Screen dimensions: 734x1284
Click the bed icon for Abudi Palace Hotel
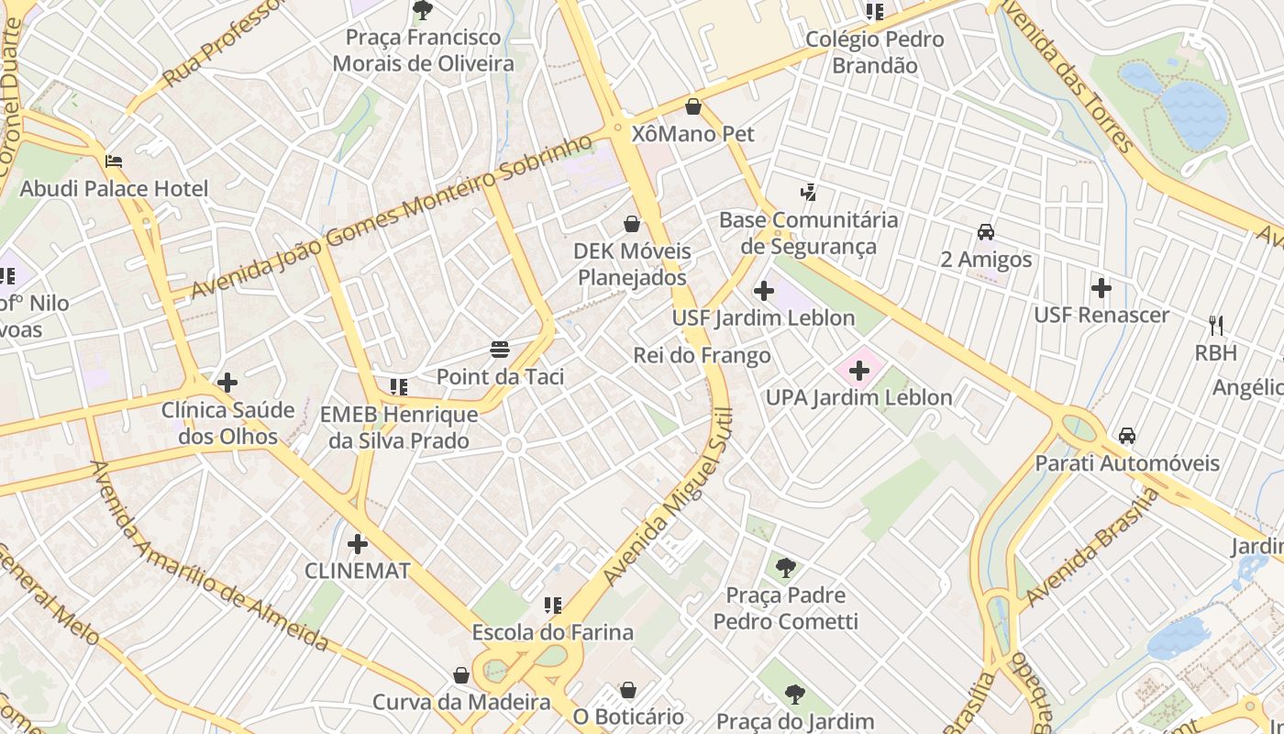point(114,161)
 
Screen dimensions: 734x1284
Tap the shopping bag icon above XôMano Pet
point(693,106)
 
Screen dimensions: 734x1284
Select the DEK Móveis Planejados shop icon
point(631,223)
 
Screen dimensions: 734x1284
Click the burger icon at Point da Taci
point(500,350)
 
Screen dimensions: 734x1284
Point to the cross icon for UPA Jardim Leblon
point(859,371)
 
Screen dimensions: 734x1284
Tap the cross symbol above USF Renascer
point(1101,288)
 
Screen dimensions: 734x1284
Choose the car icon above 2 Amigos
point(986,232)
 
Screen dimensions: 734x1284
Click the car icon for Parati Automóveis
point(1126,436)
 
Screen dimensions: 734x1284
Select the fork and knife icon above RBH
point(1216,325)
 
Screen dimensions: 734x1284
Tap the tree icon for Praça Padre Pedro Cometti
point(785,568)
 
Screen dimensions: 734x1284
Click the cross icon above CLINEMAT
point(357,543)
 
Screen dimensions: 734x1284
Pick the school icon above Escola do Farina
point(552,605)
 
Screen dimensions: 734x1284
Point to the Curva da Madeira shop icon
point(461,675)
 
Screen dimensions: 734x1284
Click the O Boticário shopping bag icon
point(628,689)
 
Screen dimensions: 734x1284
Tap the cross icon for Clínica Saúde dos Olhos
point(227,382)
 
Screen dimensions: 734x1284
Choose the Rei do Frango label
point(702,355)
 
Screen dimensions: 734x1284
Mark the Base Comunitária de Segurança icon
point(808,193)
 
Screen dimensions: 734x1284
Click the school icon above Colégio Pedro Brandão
point(874,12)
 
